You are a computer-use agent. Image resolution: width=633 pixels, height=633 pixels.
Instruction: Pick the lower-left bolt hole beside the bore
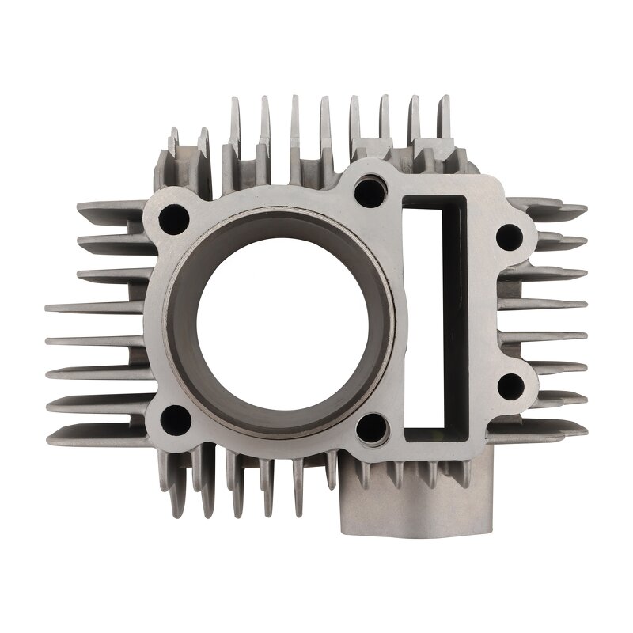point(175,419)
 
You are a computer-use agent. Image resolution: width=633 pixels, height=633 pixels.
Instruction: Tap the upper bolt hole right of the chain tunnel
point(510,236)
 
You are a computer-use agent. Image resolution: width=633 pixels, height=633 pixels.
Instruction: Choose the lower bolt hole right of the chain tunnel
point(510,385)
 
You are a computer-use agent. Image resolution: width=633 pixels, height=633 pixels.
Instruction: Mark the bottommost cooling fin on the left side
point(95,434)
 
